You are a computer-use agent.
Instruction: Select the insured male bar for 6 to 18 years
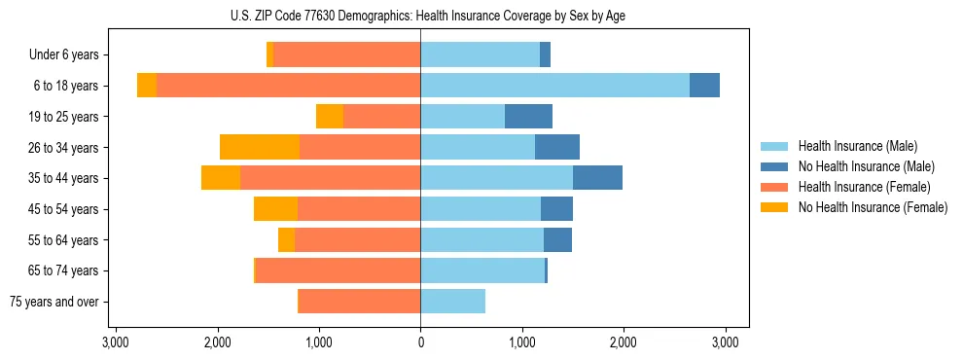tap(554, 86)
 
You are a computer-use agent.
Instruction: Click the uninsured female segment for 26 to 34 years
tap(260, 147)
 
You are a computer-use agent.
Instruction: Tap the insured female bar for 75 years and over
tap(359, 302)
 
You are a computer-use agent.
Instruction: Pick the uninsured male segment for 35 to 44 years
tap(597, 178)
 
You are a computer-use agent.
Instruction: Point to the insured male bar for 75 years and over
tap(452, 302)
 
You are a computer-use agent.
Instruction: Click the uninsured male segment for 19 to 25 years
tap(528, 117)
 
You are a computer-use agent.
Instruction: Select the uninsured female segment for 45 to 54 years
tap(275, 209)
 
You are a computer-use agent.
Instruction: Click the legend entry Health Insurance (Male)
tap(857, 146)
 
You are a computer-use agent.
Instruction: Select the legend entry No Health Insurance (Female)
tap(873, 207)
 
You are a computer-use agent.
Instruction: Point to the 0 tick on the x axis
tap(420, 342)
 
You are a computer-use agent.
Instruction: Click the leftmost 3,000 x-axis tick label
tap(116, 342)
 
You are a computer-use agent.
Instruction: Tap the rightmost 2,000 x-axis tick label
tap(624, 342)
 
